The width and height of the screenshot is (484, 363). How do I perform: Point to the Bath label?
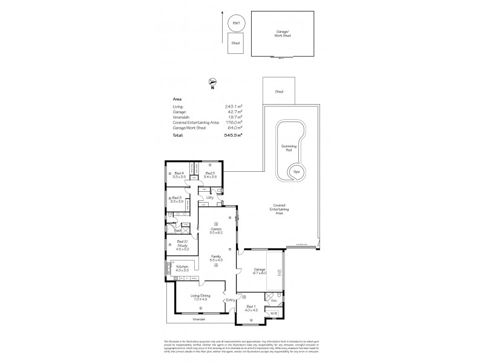point(178,231)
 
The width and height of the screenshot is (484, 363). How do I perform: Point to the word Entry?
point(230,301)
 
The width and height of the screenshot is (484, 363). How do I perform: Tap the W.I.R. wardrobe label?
point(274,313)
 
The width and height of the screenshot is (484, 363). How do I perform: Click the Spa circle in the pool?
point(295,171)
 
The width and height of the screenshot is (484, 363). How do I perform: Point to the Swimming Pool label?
point(289,148)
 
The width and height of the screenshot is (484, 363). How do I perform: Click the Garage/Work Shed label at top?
point(283,33)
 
